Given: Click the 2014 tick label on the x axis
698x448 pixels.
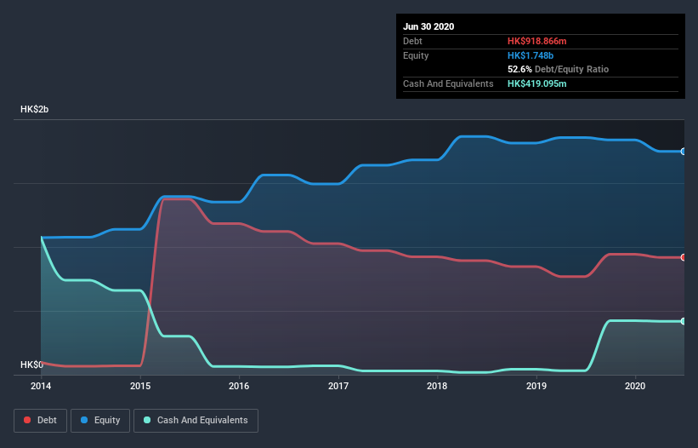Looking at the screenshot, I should pyautogui.click(x=41, y=386).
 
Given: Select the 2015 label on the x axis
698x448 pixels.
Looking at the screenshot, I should pyautogui.click(x=140, y=386).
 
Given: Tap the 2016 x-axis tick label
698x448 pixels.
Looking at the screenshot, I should pyautogui.click(x=239, y=386).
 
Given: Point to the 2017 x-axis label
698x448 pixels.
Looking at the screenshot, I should pyautogui.click(x=338, y=386).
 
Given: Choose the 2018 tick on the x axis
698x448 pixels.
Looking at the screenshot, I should pyautogui.click(x=437, y=386).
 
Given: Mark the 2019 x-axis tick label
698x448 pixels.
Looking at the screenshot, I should pyautogui.click(x=536, y=386).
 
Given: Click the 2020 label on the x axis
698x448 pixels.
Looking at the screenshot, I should pyautogui.click(x=635, y=386).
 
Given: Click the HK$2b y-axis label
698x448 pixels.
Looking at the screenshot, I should pyautogui.click(x=36, y=110).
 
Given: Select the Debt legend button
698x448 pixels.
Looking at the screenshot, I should pyautogui.click(x=40, y=420).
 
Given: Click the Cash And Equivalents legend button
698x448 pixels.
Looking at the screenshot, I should pyautogui.click(x=196, y=420).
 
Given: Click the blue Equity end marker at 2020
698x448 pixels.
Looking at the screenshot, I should pyautogui.click(x=684, y=152).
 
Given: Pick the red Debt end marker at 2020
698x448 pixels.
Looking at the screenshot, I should pyautogui.click(x=684, y=257).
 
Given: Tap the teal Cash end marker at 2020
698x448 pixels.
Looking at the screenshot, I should pyautogui.click(x=684, y=321).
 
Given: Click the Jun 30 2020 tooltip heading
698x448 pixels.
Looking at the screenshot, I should pyautogui.click(x=428, y=26).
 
